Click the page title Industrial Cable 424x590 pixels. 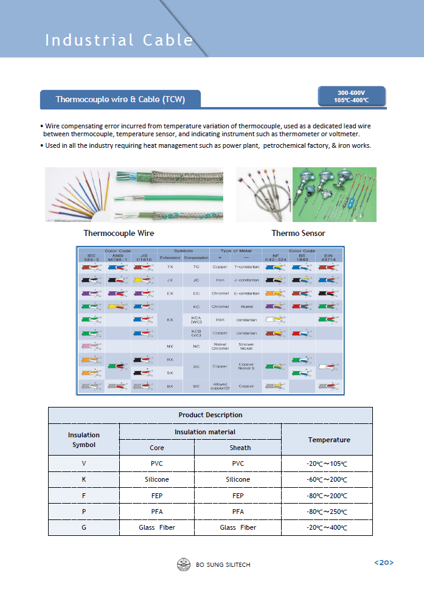coord(119,40)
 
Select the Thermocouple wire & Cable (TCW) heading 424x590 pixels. coord(120,99)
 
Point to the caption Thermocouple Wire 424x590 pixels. coord(119,233)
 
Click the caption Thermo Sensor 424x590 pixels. coord(298,233)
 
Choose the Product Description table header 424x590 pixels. coord(210,415)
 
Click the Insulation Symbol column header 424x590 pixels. coord(84,439)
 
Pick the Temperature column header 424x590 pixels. coord(328,439)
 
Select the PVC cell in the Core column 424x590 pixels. coord(157,463)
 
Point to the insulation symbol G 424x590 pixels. coord(84,527)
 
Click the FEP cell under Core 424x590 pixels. coord(157,495)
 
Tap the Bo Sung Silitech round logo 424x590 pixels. coord(184,564)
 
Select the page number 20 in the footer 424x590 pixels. coord(384,563)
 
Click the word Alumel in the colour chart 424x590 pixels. coord(246,307)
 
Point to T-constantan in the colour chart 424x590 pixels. coord(246,267)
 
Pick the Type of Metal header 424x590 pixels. coord(235,250)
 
